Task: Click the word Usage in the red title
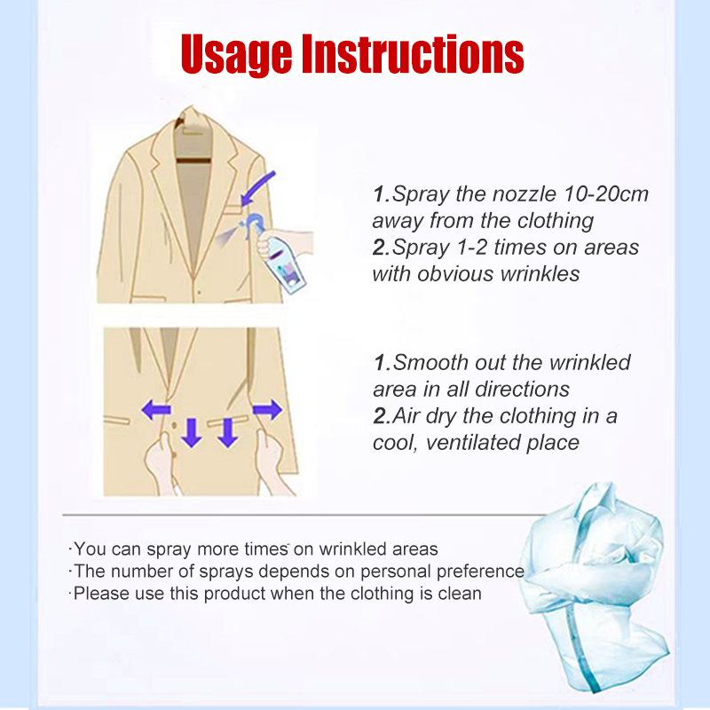236,54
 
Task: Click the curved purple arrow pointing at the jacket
257,189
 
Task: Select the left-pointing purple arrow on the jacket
156,410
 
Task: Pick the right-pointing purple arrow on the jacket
267,409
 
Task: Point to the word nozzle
524,194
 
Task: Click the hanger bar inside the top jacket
193,161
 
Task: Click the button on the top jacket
199,293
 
